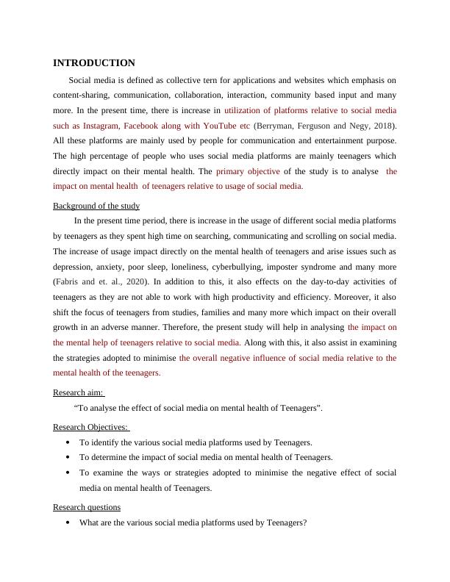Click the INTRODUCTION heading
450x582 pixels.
click(x=94, y=63)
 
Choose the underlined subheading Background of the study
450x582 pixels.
click(x=96, y=206)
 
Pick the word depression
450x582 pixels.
click(x=76, y=266)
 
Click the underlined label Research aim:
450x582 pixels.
click(x=78, y=392)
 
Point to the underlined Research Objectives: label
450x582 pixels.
click(x=90, y=427)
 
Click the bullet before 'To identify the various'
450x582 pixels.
click(x=68, y=442)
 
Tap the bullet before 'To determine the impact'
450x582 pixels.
click(x=68, y=457)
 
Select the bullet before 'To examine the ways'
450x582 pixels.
click(x=68, y=473)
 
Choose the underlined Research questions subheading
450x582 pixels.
click(x=87, y=507)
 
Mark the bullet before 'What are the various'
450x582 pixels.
click(x=68, y=523)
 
